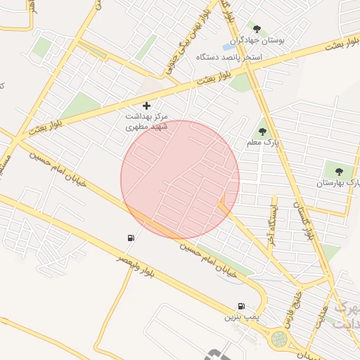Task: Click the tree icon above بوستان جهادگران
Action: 257,29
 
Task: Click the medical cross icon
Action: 146,105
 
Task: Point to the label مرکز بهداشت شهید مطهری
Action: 147,121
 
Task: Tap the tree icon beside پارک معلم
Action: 262,131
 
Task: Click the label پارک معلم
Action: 262,143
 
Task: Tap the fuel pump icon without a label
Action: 131,238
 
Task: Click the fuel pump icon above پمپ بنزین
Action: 241,306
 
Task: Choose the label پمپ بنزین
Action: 236,318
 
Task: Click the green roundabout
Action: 279,339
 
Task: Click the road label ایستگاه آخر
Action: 272,225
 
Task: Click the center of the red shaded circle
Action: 180,180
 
